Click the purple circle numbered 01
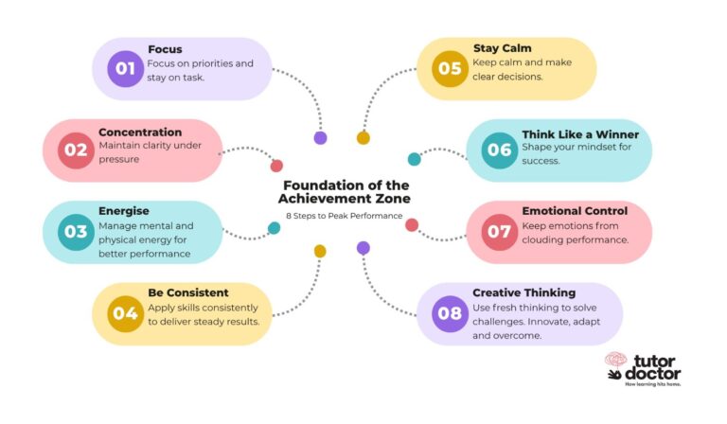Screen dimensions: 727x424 [125, 68]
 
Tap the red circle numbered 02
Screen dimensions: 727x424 [76, 150]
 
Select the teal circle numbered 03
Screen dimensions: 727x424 [76, 232]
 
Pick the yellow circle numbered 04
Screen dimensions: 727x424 [125, 313]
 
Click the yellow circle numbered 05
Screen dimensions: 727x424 [450, 68]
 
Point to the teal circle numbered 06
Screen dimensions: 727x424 [500, 150]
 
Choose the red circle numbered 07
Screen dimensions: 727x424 [500, 232]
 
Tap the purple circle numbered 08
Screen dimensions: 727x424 [450, 313]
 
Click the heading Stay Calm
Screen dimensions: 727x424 [502, 48]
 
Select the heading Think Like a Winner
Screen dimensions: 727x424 [580, 134]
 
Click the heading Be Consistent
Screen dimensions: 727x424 [188, 292]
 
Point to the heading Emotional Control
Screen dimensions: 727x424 [575, 211]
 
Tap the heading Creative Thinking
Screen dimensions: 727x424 [524, 292]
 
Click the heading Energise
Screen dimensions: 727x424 [124, 211]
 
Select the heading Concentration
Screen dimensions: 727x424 [140, 132]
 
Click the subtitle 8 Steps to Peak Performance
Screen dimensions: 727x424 [344, 216]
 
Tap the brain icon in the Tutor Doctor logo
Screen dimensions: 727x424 [615, 360]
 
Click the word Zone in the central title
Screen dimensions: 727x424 [393, 199]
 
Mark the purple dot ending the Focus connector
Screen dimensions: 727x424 [320, 137]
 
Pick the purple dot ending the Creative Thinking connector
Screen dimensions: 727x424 [363, 248]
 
